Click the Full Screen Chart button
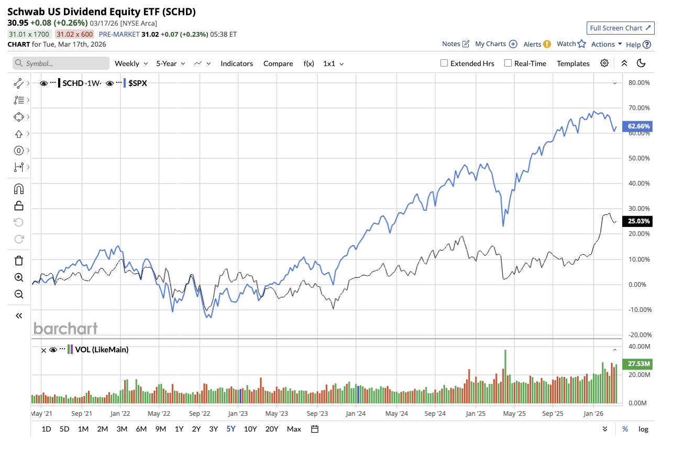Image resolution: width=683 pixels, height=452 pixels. pyautogui.click(x=620, y=28)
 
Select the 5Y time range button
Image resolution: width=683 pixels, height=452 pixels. pyautogui.click(x=231, y=429)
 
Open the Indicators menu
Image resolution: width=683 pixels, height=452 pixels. pyautogui.click(x=236, y=63)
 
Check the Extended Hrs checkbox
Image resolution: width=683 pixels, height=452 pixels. pyautogui.click(x=444, y=63)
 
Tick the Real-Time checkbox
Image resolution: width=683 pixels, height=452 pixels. pyautogui.click(x=508, y=63)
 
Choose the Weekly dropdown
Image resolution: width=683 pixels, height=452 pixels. pyautogui.click(x=130, y=63)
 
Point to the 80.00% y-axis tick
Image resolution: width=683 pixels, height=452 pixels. pyautogui.click(x=638, y=83)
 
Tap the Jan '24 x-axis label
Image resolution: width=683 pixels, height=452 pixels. pyautogui.click(x=356, y=413)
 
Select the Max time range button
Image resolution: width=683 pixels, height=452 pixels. pyautogui.click(x=294, y=429)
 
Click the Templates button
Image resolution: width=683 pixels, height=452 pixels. pyautogui.click(x=573, y=63)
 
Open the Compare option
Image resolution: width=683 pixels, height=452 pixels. pyautogui.click(x=278, y=63)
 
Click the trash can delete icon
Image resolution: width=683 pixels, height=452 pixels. pyautogui.click(x=19, y=261)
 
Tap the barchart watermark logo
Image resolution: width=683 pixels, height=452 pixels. pyautogui.click(x=65, y=328)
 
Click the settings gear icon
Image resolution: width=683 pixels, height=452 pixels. pyautogui.click(x=604, y=63)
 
